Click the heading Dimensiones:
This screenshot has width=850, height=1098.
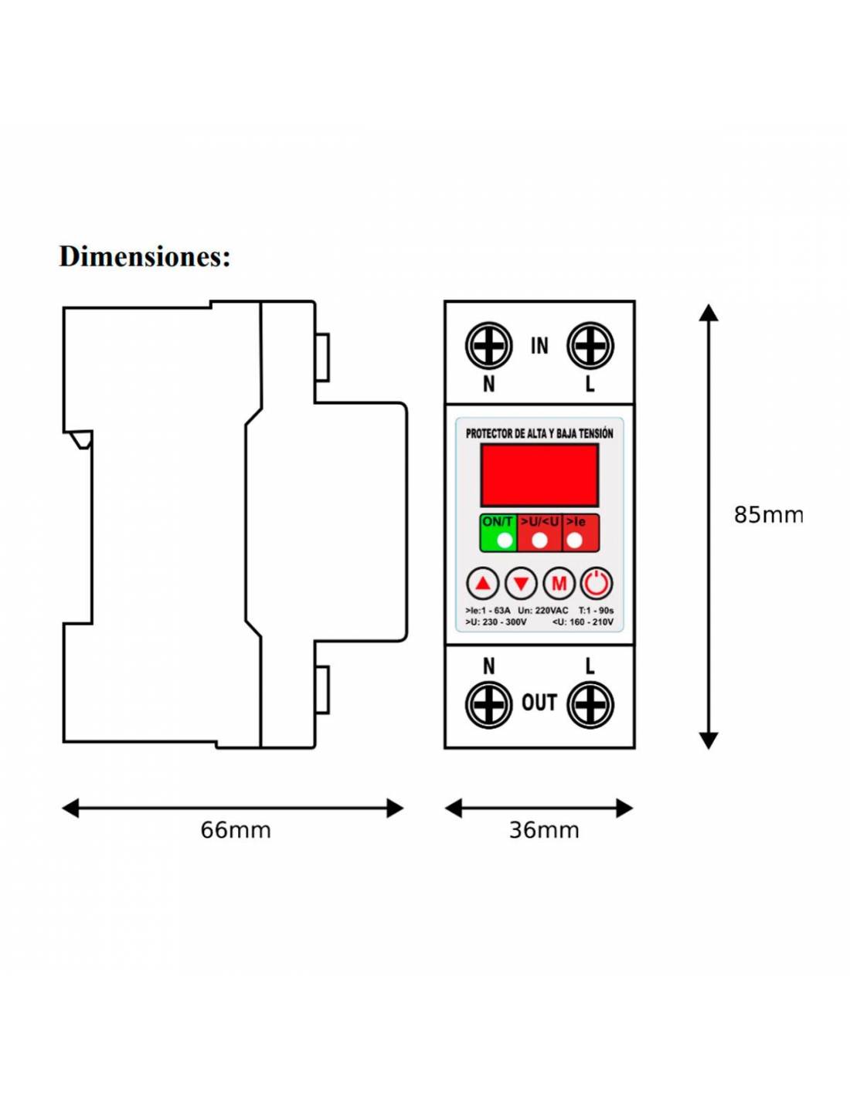tap(144, 256)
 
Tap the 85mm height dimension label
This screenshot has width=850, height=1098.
tap(767, 515)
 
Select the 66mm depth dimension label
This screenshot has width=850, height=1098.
tap(236, 830)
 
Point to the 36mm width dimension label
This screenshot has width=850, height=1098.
tap(544, 830)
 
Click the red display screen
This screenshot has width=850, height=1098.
tap(539, 475)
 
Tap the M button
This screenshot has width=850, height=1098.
tap(559, 584)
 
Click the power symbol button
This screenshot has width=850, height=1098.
tap(597, 584)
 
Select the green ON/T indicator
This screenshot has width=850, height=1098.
tap(498, 533)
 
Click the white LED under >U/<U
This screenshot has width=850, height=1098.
tap(540, 541)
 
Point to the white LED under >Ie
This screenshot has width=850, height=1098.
tap(574, 541)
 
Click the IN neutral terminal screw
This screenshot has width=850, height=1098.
tap(488, 346)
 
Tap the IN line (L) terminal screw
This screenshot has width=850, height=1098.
tap(590, 346)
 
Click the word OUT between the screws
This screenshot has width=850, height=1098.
tap(539, 703)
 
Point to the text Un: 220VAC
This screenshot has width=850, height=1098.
tap(543, 611)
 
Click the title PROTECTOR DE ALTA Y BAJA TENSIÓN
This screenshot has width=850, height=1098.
tap(539, 433)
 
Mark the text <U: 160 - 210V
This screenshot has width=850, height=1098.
tap(583, 622)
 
